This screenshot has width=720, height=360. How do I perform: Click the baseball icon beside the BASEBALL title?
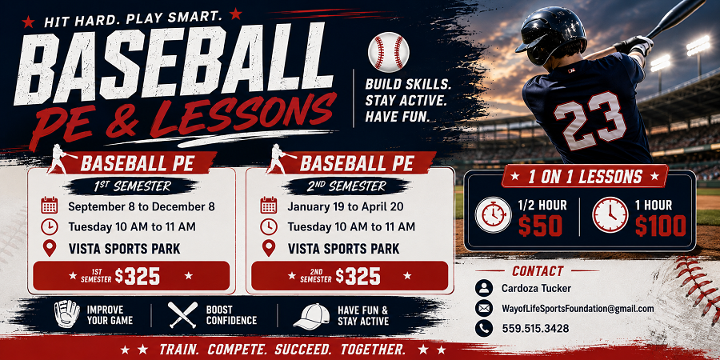pyautogui.click(x=389, y=52)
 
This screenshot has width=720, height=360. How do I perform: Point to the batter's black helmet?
pyautogui.click(x=550, y=34)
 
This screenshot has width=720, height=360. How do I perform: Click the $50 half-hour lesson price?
pyautogui.click(x=541, y=226)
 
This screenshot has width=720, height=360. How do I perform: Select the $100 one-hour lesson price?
pyautogui.click(x=661, y=226)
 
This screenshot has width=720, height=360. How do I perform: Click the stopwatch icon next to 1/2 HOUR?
pyautogui.click(x=493, y=214)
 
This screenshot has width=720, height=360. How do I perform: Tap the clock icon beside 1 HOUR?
pyautogui.click(x=610, y=214)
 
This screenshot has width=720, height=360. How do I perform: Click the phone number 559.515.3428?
pyautogui.click(x=535, y=328)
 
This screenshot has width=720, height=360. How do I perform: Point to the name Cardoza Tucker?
pyautogui.click(x=536, y=288)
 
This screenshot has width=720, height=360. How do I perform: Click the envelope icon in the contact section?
pyautogui.click(x=483, y=309)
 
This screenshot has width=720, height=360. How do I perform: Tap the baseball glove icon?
pyautogui.click(x=67, y=314)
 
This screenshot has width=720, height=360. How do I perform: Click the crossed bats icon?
pyautogui.click(x=182, y=314)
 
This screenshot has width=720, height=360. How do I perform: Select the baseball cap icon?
pyautogui.click(x=312, y=316)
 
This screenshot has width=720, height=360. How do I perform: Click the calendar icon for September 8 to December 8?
pyautogui.click(x=49, y=206)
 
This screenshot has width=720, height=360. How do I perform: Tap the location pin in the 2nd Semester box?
pyautogui.click(x=269, y=248)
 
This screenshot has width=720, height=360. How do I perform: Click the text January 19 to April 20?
pyautogui.click(x=346, y=206)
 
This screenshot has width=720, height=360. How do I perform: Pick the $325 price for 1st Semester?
pyautogui.click(x=137, y=276)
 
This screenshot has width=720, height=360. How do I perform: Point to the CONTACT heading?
pyautogui.click(x=538, y=271)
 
